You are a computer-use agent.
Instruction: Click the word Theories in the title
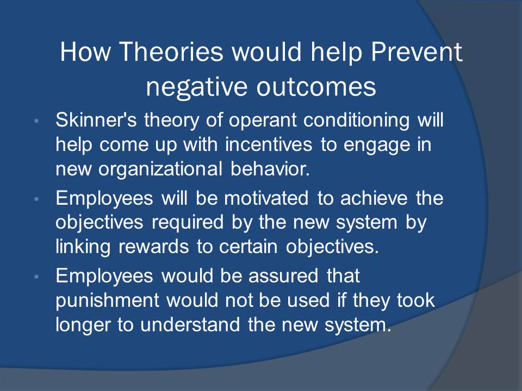pos(171,52)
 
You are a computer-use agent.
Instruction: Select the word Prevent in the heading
pos(417,52)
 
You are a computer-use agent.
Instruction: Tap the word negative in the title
pos(196,87)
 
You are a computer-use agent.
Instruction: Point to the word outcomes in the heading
pos(316,87)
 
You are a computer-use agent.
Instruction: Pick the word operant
pos(262,121)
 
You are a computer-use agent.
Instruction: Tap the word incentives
pos(269,144)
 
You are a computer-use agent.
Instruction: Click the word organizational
pos(160,169)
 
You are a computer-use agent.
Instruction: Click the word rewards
pos(153,247)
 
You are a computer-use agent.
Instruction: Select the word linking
pos(83,247)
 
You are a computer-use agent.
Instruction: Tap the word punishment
pos(107,300)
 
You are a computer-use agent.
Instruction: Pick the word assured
pos(283,276)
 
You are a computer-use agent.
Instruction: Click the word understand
pos(190,325)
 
